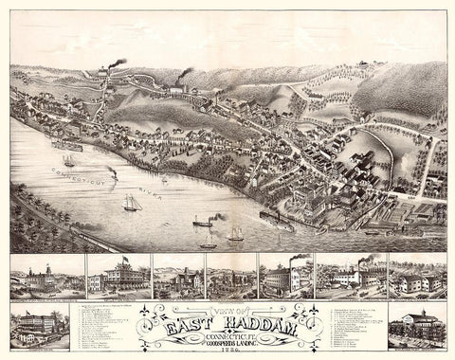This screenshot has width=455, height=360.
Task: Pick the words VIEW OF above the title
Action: pos(227,309)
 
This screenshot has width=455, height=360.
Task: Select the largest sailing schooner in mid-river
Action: pos(132,203)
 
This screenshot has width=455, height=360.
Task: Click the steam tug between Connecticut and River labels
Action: pos(112,173)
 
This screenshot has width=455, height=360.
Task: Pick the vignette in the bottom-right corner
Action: pos(418,327)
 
